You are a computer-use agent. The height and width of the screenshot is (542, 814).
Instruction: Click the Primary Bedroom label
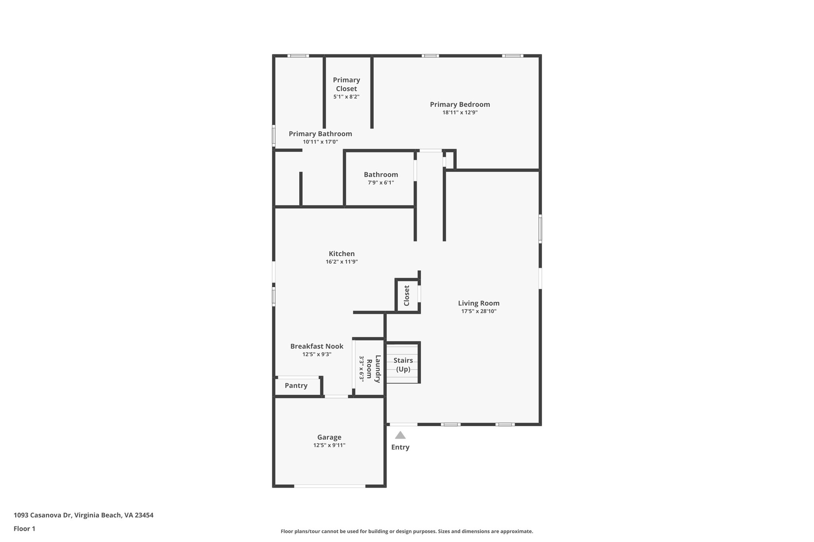(x=460, y=104)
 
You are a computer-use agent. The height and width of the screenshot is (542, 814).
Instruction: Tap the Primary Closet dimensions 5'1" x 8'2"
(x=346, y=96)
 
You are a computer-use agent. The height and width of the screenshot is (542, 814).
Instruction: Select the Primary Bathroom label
(x=320, y=134)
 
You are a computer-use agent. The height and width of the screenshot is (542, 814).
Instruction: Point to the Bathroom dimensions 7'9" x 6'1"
(x=381, y=183)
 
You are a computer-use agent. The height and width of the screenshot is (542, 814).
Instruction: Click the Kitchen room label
(x=341, y=254)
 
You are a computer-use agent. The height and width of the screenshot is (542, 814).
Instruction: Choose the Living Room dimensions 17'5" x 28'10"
(x=479, y=311)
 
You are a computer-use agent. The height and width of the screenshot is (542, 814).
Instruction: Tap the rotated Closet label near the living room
(x=407, y=296)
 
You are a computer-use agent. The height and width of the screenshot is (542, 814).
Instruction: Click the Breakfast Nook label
(x=317, y=346)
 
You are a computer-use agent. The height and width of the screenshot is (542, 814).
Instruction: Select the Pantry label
(x=296, y=386)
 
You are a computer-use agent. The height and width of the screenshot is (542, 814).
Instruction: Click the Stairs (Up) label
(x=403, y=365)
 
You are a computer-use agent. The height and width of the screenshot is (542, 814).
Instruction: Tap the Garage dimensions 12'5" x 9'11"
(x=329, y=446)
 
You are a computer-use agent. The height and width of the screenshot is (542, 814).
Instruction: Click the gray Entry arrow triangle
(x=400, y=435)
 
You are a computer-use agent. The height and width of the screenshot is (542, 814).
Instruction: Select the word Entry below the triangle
(x=400, y=447)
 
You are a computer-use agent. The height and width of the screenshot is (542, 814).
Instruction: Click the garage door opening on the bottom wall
(x=329, y=486)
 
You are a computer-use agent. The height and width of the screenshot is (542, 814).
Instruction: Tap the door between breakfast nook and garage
(x=336, y=396)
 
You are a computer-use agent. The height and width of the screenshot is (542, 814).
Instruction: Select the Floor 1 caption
(x=24, y=528)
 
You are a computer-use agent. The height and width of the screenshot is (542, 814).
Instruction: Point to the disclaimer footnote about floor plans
(x=407, y=531)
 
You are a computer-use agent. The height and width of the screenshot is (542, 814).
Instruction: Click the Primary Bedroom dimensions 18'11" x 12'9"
(x=460, y=112)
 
